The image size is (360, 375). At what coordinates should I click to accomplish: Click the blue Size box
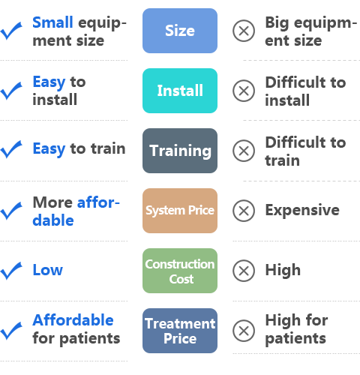coord(180,31)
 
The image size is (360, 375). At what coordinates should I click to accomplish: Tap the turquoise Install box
coord(180,91)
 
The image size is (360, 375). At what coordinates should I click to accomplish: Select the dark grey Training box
coord(180,151)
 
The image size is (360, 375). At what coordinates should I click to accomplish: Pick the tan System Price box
coord(180,211)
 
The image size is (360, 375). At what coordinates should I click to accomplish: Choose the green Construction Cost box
coord(180,271)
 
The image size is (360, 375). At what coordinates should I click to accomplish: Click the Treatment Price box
coord(180,331)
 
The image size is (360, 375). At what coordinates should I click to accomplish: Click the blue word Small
coord(52,22)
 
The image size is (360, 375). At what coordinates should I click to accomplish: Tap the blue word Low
coord(48,270)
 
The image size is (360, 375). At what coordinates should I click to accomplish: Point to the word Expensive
coord(302,210)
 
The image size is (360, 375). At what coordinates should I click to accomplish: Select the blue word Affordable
coord(73,320)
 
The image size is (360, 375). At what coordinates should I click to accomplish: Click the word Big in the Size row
coord(277,23)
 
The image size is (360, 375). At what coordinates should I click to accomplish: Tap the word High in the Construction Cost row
coord(283,270)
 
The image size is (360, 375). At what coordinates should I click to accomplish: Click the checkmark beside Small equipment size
coord(11,31)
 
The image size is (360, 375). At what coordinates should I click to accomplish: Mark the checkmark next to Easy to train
coord(11,149)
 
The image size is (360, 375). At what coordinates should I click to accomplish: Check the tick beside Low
coord(11,271)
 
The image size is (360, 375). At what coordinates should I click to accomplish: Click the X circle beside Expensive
coord(244,211)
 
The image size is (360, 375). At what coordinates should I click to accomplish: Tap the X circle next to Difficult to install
coord(244,91)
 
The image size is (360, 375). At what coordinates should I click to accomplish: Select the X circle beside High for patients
coord(244,331)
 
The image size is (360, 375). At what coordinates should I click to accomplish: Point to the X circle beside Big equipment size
coord(244,31)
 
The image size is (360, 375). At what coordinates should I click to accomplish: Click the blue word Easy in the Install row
coord(49,82)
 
